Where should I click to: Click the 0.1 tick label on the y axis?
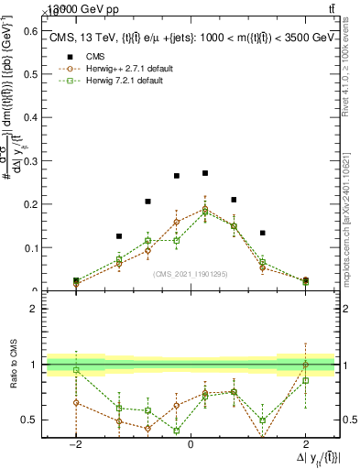pyautogui.click(x=30, y=247)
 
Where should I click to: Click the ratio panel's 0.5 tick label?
pyautogui.click(x=27, y=420)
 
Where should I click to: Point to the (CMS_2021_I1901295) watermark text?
pyautogui.click(x=190, y=273)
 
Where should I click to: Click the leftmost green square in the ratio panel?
pyautogui.click(x=76, y=370)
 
